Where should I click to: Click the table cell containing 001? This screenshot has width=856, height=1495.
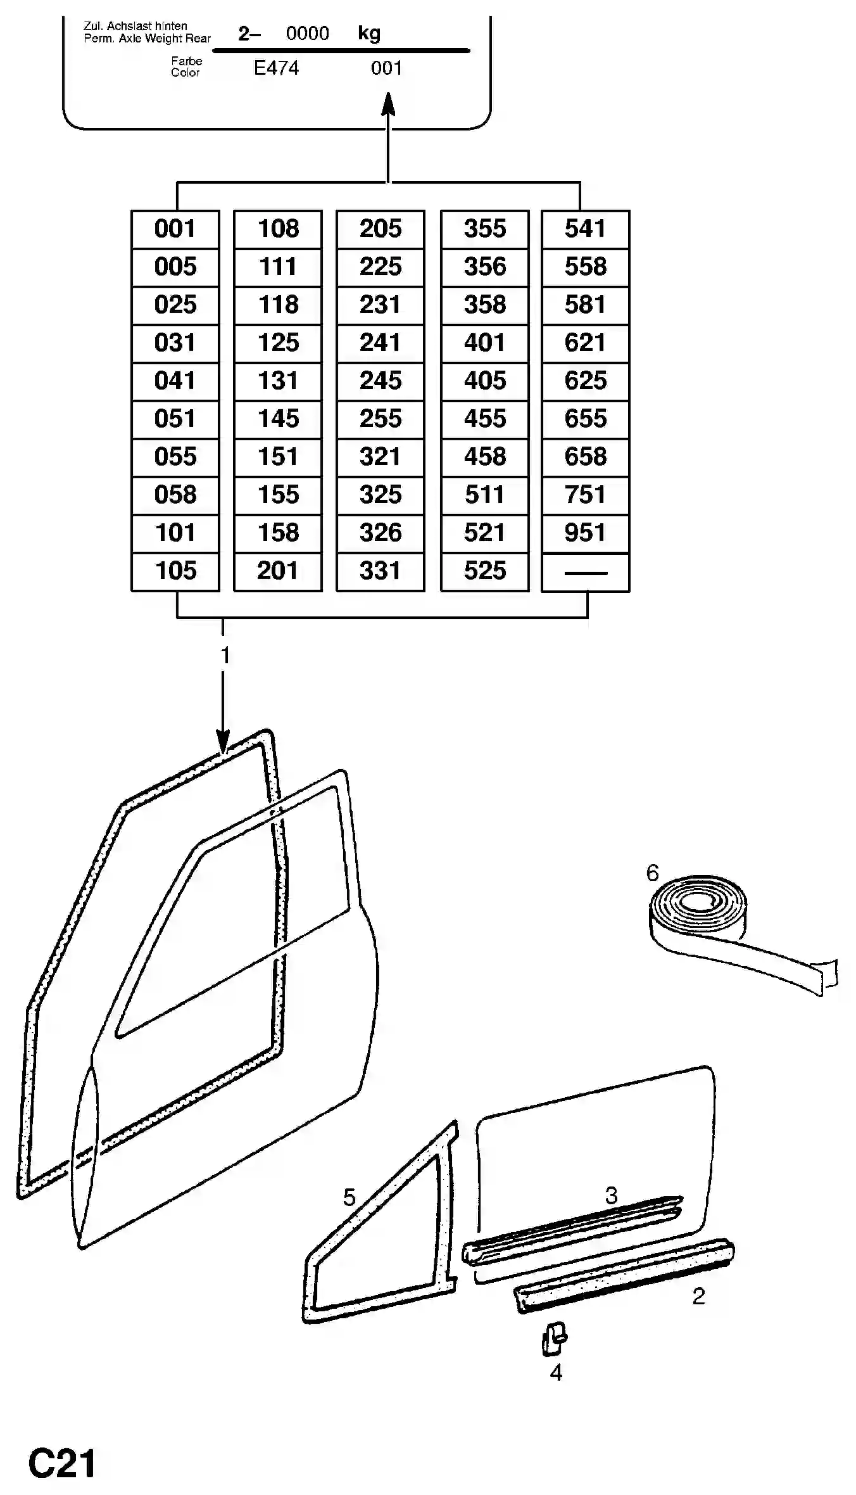click(x=175, y=229)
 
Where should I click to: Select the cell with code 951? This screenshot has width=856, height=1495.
click(x=586, y=533)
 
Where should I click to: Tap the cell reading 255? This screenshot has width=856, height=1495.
click(x=381, y=419)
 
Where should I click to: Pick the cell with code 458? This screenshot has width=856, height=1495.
click(x=485, y=457)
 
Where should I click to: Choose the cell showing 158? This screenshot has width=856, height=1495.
click(x=278, y=533)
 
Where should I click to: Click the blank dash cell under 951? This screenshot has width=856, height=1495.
click(x=586, y=573)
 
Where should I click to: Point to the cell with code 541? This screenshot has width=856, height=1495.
click(x=586, y=229)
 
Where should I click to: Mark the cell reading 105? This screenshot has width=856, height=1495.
click(x=175, y=572)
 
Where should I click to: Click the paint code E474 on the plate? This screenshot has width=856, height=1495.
click(x=276, y=68)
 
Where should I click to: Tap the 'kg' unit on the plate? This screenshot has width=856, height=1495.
click(x=369, y=33)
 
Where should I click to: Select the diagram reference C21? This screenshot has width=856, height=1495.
click(x=62, y=1463)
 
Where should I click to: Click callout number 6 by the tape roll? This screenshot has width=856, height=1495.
click(x=653, y=873)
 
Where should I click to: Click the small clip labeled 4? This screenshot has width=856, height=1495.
click(x=554, y=1339)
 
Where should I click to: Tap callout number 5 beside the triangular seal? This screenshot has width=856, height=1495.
click(x=349, y=1197)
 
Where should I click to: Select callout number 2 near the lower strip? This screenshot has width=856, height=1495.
click(x=698, y=1296)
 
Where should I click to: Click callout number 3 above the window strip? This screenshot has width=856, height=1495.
click(x=611, y=1195)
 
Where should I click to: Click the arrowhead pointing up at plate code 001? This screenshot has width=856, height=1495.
click(x=388, y=104)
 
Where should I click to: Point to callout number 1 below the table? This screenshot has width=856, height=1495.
click(x=225, y=656)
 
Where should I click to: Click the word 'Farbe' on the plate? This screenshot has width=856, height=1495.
click(x=187, y=61)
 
